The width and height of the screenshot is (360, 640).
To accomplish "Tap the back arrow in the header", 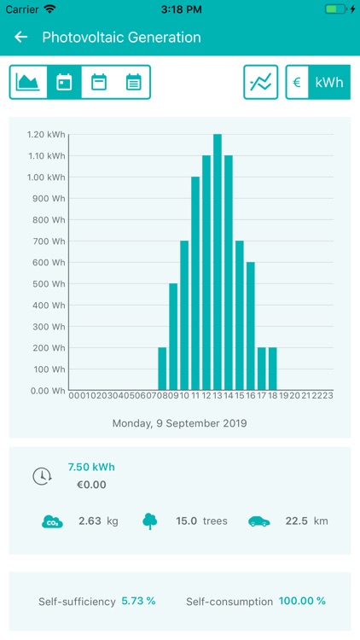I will click(21, 38).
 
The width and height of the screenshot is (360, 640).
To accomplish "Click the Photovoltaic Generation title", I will click(121, 38).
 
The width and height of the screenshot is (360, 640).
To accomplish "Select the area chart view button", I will click(28, 83).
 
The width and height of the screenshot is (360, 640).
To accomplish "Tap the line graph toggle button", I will click(261, 83).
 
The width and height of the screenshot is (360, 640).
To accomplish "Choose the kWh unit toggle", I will click(328, 83).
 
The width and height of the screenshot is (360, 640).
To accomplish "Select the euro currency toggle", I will click(296, 83).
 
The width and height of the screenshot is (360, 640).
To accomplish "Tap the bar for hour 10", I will click(184, 316).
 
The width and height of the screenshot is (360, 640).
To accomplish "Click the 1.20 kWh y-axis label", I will click(46, 135).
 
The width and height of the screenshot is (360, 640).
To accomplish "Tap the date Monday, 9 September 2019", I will click(179, 422).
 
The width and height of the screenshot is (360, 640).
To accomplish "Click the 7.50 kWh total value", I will click(91, 467).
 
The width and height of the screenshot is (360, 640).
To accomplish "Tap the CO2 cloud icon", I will click(52, 521).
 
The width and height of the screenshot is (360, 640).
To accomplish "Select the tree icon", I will click(151, 521).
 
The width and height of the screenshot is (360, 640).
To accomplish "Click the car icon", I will click(259, 521).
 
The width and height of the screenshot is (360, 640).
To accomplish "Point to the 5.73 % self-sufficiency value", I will click(138, 602).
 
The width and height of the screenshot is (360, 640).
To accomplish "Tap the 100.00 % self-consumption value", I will click(303, 602).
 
